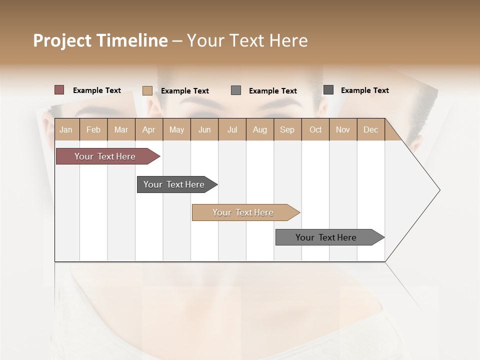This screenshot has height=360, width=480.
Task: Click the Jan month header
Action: tap(66, 129)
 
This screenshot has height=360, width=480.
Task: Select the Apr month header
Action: tap(149, 129)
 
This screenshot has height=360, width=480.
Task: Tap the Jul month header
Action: tap(232, 129)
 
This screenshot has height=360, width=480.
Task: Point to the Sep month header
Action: tap(287, 129)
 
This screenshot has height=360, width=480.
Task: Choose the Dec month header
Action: tap(370, 129)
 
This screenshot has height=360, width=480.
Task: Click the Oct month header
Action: tap(315, 129)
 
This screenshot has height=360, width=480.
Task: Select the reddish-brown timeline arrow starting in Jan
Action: tap(105, 156)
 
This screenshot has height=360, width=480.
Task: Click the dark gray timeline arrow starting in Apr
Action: tap(174, 184)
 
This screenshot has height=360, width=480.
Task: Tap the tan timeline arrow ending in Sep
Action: tap(243, 212)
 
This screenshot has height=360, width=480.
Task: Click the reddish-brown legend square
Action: tap(59, 90)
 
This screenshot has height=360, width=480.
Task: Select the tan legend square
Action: tap(147, 90)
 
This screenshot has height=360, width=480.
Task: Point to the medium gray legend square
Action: tap(236, 90)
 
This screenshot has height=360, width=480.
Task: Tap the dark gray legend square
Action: tap(328, 90)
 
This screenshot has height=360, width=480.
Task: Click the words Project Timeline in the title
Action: tap(100, 40)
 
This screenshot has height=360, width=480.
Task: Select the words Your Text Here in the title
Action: tap(247, 40)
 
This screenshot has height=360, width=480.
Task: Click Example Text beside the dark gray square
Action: tap(364, 90)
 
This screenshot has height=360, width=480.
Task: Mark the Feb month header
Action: tap(93, 129)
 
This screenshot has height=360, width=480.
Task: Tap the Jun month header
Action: tap(204, 129)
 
